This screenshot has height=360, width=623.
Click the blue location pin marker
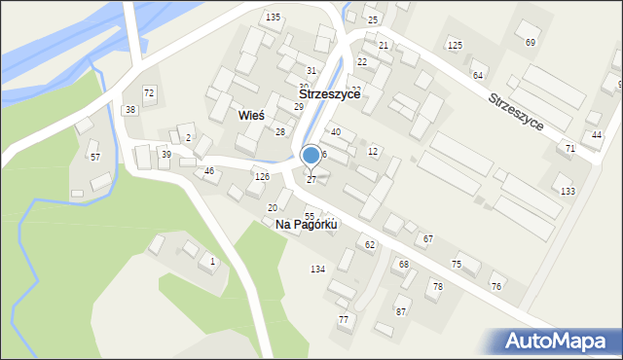(311, 156)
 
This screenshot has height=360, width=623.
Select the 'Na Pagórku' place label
(306, 225)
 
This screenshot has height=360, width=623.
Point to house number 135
(274, 18)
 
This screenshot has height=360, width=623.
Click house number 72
(149, 92)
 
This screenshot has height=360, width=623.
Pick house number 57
(94, 157)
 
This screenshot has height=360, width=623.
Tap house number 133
(568, 191)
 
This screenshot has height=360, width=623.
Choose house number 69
(531, 42)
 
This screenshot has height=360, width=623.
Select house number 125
(455, 46)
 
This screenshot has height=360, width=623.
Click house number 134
(317, 269)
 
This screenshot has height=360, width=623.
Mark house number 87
(401, 311)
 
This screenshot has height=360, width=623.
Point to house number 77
(343, 319)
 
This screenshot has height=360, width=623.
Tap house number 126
(262, 176)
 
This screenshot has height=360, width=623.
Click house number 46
(209, 171)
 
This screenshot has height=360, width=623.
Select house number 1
(213, 262)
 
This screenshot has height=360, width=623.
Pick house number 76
(496, 286)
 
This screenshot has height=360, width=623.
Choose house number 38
(130, 110)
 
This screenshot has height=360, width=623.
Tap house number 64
(478, 75)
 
